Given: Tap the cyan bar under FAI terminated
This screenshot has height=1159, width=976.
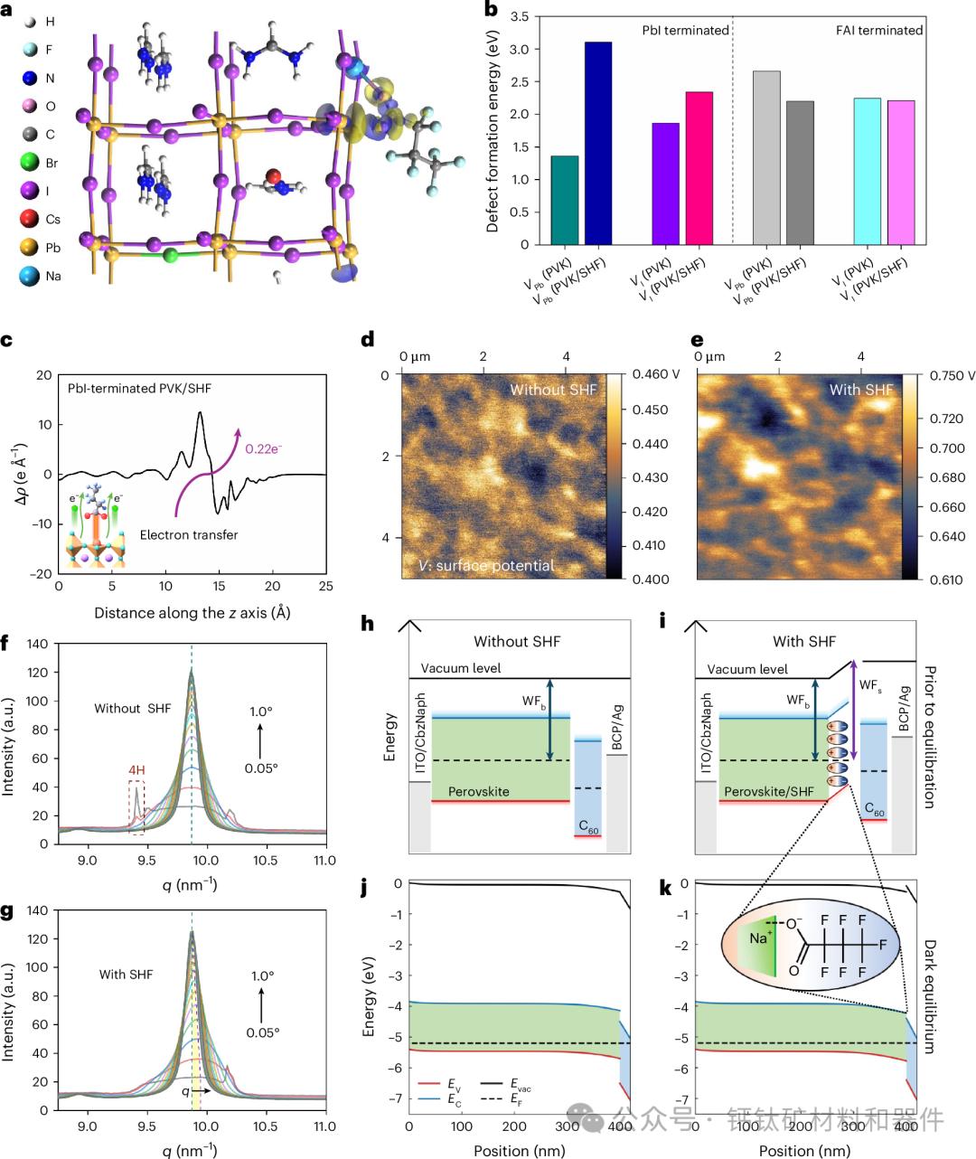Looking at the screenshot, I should (x=867, y=171).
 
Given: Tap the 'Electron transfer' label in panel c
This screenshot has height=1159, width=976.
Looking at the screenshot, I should (x=189, y=535).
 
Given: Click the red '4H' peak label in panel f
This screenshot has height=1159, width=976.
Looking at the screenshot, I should (x=137, y=770).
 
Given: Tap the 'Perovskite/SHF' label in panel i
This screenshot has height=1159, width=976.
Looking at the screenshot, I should (x=768, y=792).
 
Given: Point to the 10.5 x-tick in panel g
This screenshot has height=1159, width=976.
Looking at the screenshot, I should (x=266, y=1126).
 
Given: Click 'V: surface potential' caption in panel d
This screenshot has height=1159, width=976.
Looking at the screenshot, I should (x=486, y=566).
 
